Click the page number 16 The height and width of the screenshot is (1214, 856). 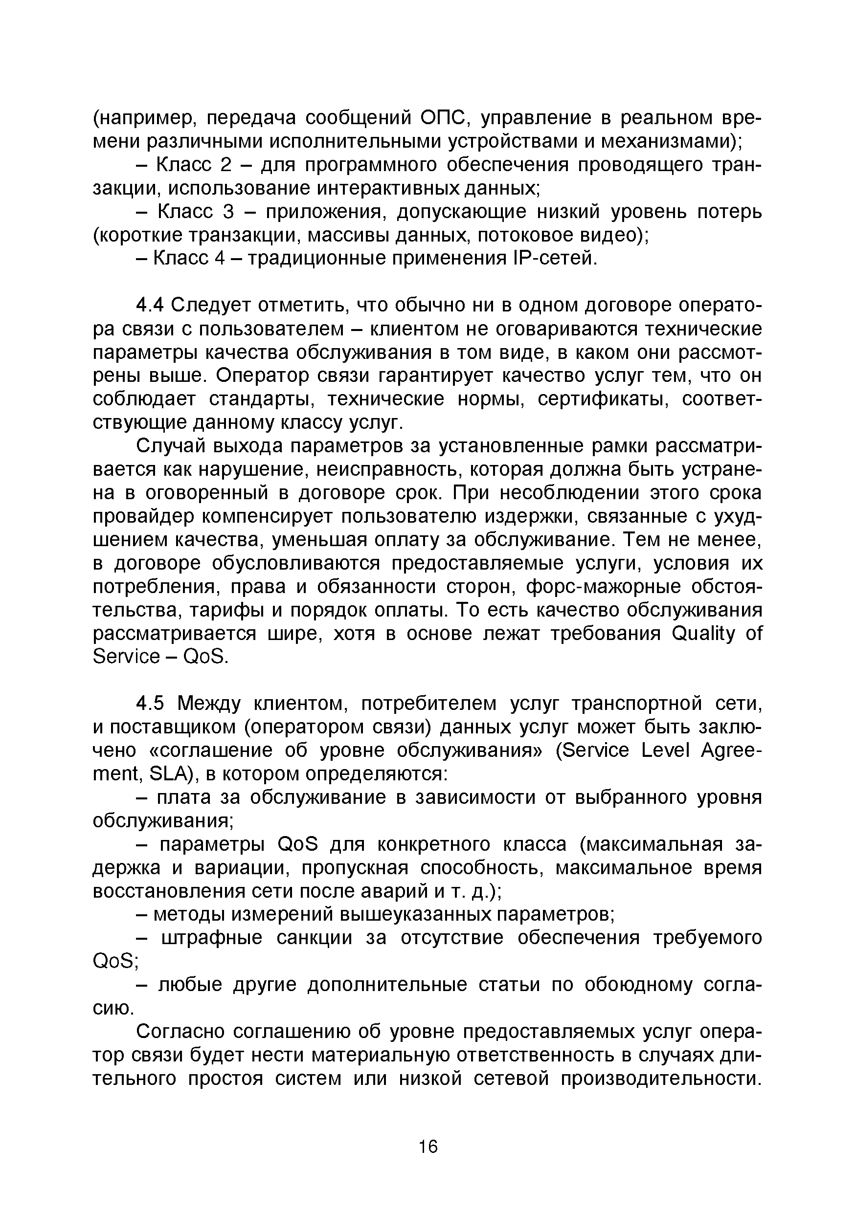pyautogui.click(x=428, y=1147)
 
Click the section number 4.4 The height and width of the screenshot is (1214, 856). pyautogui.click(x=151, y=306)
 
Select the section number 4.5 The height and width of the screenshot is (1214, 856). pyautogui.click(x=151, y=704)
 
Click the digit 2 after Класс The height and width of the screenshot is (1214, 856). pyautogui.click(x=225, y=165)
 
